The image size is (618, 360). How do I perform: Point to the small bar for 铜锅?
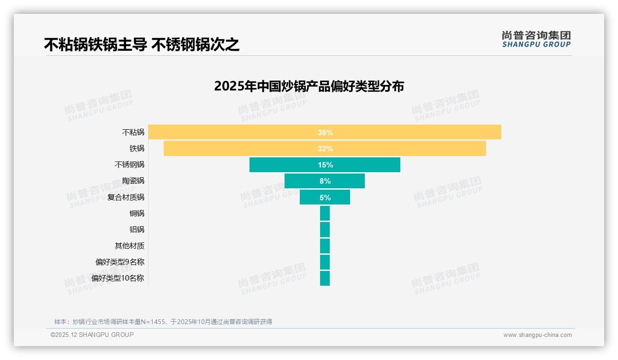pos(325,213)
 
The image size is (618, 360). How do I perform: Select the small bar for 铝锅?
pos(325,229)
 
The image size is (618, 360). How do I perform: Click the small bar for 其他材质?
pos(325,246)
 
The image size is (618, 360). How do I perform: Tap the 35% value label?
pos(325,132)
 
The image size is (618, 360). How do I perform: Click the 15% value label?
pos(325,165)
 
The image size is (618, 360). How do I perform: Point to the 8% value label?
pos(325,181)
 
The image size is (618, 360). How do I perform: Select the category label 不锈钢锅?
pos(129,165)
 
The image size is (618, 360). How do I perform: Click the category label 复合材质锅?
pos(125,197)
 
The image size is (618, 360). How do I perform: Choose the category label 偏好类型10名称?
pos(118,278)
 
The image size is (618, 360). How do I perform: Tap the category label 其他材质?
pos(129,246)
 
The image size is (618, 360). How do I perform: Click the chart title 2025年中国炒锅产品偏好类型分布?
pos(309,86)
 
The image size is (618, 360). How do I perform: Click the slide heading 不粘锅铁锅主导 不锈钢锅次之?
pos(142,45)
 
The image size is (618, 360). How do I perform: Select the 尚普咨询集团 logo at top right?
pos(536,39)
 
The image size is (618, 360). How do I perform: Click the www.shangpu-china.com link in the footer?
pos(537,335)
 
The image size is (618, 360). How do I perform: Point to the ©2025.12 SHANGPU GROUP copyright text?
pos(92,335)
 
